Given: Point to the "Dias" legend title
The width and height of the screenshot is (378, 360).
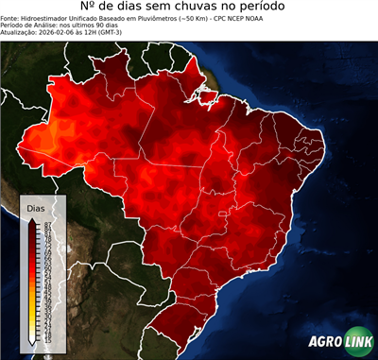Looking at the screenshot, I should point(36,207).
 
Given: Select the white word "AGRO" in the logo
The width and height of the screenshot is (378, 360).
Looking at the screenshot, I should point(325,343).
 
